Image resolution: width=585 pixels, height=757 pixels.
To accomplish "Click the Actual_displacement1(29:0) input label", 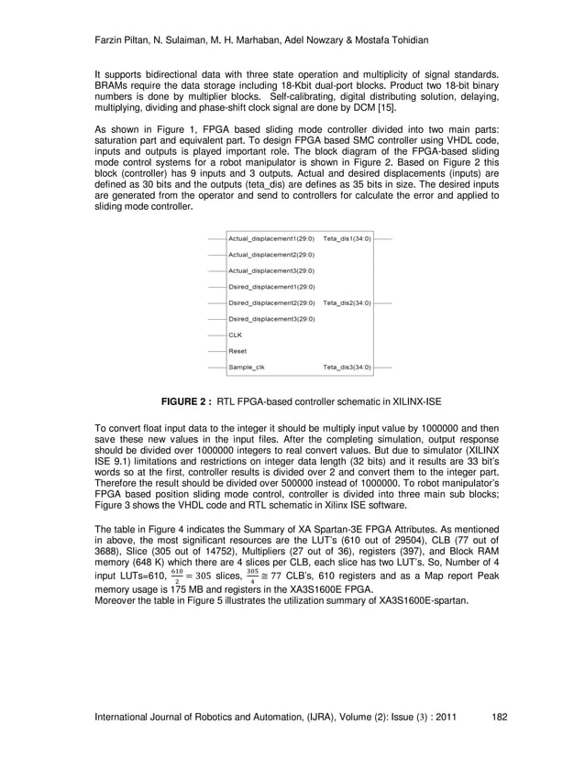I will (x=270, y=238).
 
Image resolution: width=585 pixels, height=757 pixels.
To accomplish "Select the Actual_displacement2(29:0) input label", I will (x=270, y=255).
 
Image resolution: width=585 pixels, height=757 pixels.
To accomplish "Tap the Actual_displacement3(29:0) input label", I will (x=270, y=270).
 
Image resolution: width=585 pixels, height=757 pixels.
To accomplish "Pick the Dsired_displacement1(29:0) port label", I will (x=270, y=287).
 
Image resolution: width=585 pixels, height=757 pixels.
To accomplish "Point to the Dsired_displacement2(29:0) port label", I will (x=270, y=302).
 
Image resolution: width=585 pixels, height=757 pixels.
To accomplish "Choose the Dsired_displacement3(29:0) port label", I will (x=270, y=319).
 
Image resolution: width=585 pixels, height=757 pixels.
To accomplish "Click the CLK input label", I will (x=236, y=335).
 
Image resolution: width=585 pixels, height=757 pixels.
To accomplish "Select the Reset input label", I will (x=237, y=351).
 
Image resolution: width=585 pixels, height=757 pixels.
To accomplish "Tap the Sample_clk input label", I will (x=246, y=367).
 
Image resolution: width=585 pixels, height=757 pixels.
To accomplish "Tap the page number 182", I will (x=500, y=717).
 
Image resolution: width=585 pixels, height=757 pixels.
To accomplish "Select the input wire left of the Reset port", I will (x=215, y=351).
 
